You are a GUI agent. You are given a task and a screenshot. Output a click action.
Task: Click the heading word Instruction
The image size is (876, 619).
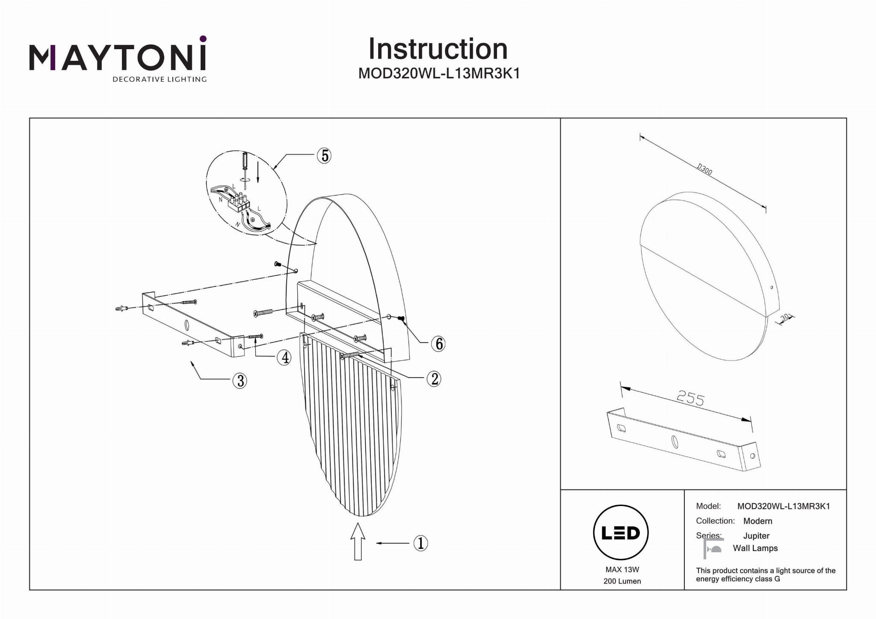[x=438, y=49]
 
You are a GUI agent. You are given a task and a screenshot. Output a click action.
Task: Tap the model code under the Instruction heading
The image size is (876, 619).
[x=439, y=74]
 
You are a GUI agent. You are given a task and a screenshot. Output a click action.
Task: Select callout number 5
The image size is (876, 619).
[x=325, y=156]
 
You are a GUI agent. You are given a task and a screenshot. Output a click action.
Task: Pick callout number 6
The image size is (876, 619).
[x=438, y=344]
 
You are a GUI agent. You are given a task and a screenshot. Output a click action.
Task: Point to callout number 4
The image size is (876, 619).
[x=284, y=357]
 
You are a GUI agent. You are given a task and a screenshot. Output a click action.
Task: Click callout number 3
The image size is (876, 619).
[x=240, y=380]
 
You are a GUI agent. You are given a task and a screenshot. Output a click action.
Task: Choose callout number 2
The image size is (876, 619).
[x=434, y=379]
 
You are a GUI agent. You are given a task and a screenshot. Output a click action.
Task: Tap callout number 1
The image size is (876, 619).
[x=420, y=543]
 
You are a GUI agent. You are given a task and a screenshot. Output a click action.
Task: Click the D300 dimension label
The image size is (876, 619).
[x=704, y=169]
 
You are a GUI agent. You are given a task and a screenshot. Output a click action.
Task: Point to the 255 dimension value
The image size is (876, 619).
[x=690, y=399]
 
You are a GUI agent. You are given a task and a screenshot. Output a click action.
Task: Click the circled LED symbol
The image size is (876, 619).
[x=621, y=533]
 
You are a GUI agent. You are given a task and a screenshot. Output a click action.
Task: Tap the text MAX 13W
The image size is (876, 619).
[x=622, y=569]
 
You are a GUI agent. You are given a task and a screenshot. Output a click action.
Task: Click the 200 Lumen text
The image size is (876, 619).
[x=622, y=581]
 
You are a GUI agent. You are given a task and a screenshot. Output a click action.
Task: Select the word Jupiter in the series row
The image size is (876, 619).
[x=756, y=536]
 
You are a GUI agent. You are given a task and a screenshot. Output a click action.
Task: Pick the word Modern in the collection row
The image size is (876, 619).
[x=758, y=521]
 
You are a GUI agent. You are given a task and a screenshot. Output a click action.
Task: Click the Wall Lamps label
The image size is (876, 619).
[x=755, y=548]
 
